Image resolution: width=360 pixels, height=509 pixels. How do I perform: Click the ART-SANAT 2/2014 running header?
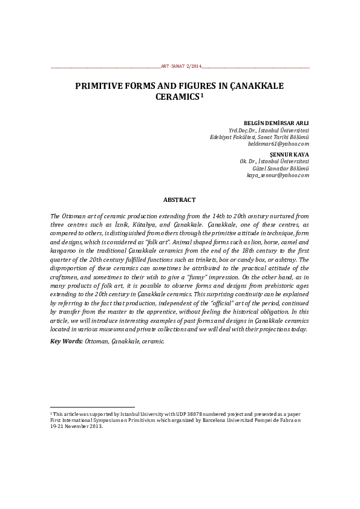(x=180, y=65)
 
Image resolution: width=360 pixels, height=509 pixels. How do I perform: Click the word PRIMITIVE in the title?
(x=101, y=86)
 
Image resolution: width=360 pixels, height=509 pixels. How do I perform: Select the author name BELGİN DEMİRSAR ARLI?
(x=276, y=123)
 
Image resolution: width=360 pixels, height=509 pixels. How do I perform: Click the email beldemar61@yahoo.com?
(x=278, y=144)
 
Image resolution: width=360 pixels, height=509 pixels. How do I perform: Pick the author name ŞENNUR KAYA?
(x=292, y=155)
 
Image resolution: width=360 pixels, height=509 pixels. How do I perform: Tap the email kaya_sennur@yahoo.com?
(x=278, y=175)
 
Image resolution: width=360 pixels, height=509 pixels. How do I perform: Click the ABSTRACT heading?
(x=180, y=199)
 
